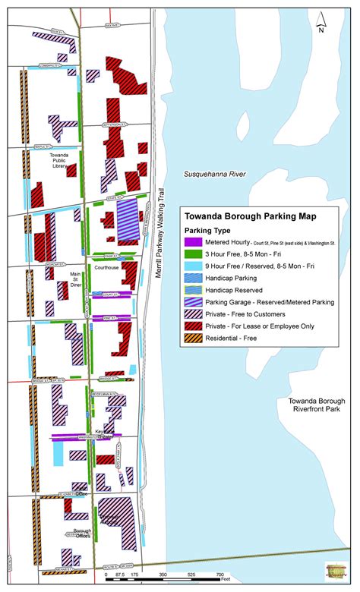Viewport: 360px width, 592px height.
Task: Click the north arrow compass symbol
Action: point(321,24)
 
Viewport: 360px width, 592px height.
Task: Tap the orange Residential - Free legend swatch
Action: point(192,338)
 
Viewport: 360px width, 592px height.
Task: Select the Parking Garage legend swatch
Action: point(192,301)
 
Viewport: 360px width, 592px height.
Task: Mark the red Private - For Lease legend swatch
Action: point(192,326)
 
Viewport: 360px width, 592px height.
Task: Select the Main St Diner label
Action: point(75,279)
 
